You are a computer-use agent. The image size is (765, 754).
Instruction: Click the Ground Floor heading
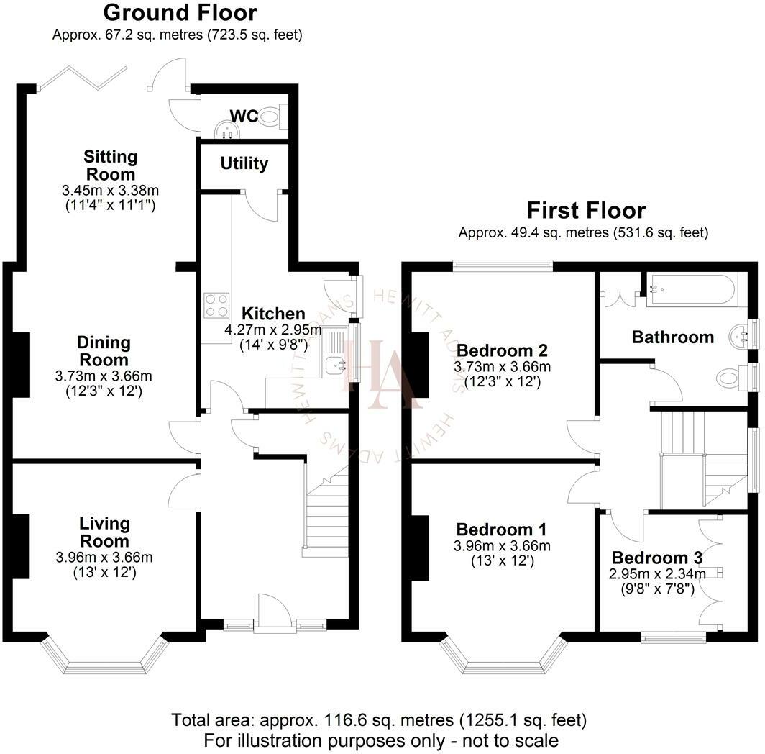click(180, 13)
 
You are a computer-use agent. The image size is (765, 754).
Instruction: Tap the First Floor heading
click(586, 211)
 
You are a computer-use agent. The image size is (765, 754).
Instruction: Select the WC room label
click(244, 117)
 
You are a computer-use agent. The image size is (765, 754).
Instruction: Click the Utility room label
click(244, 163)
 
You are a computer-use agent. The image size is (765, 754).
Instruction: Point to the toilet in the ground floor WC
click(272, 117)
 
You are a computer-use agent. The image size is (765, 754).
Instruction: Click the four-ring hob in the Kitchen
click(216, 305)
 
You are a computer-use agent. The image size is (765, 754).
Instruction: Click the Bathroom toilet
click(731, 378)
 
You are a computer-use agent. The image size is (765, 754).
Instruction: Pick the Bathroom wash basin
click(739, 336)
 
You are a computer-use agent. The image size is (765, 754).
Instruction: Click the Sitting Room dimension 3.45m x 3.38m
click(110, 190)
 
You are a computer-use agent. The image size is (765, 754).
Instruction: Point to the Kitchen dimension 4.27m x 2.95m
click(273, 330)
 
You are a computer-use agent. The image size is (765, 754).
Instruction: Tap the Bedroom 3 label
click(656, 558)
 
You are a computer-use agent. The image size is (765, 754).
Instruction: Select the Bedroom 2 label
click(502, 350)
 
